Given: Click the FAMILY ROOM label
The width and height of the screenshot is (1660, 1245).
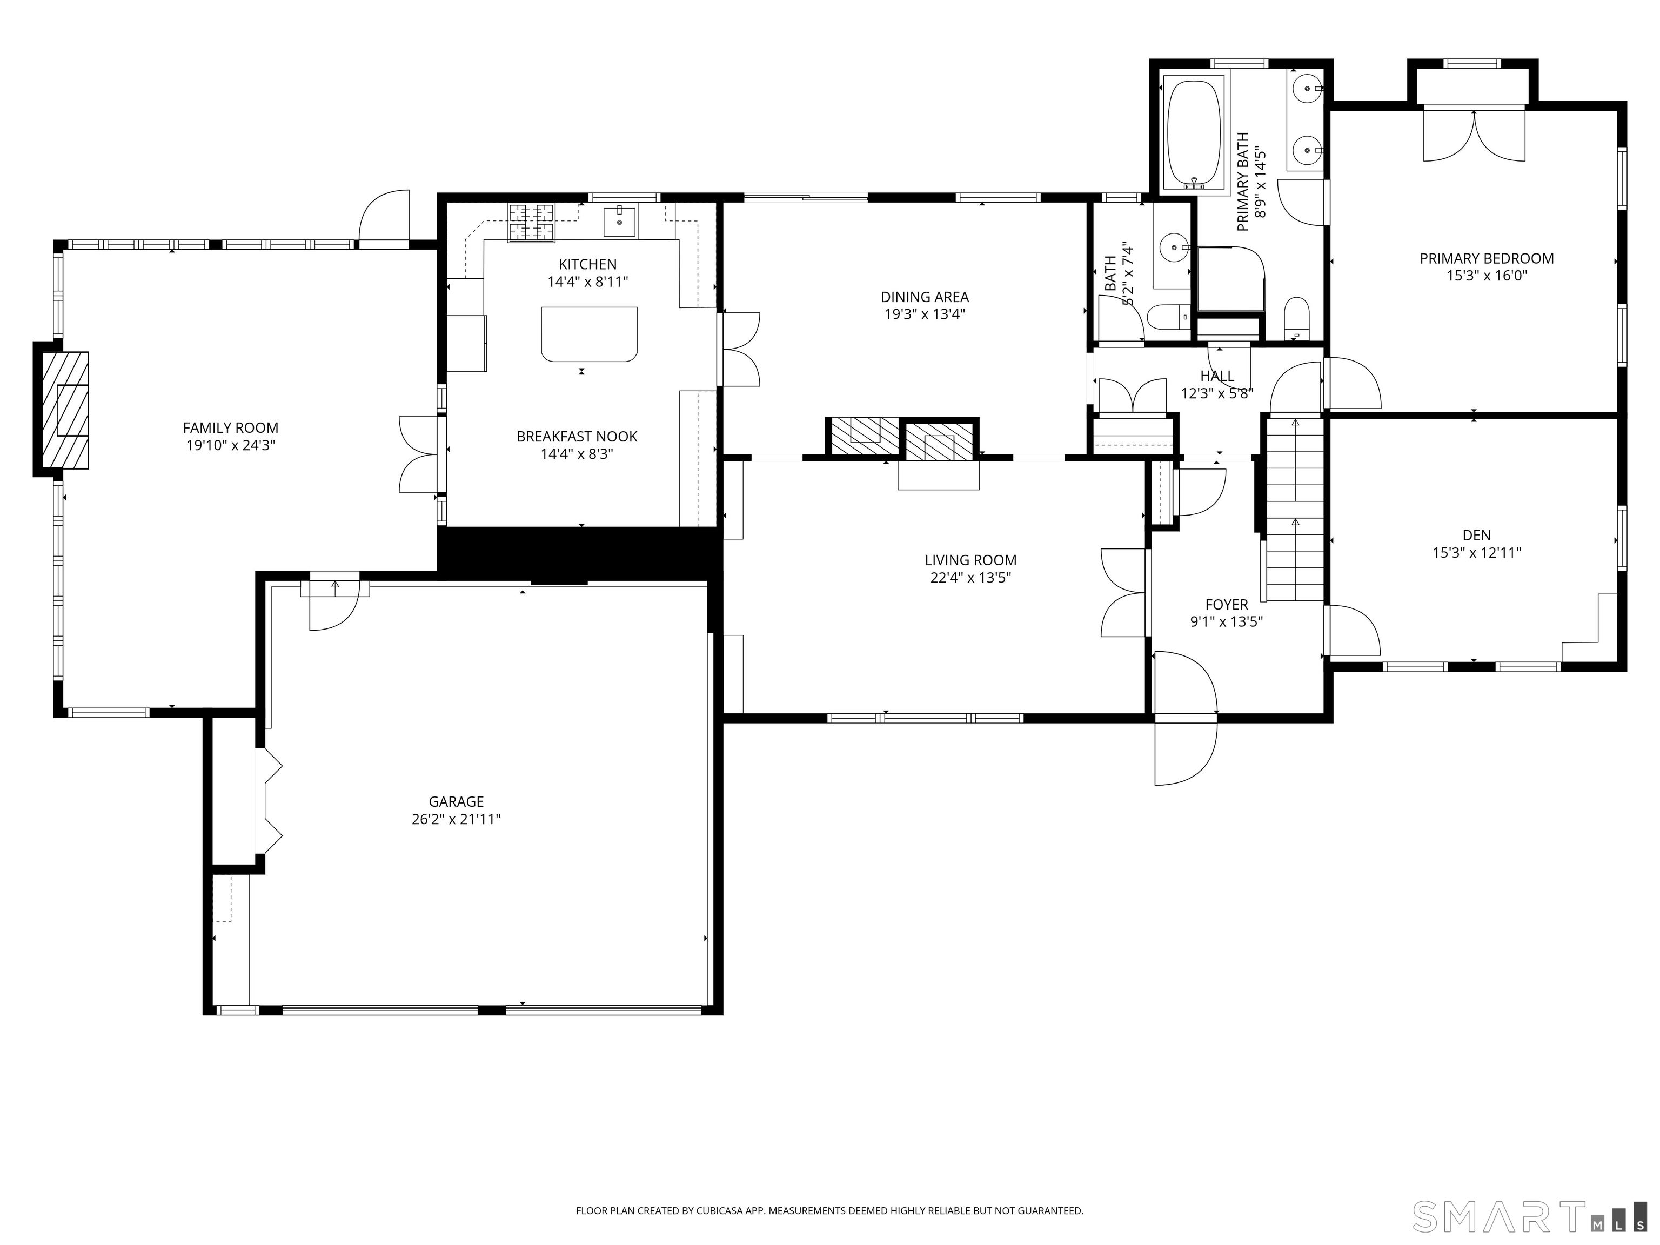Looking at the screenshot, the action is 230,428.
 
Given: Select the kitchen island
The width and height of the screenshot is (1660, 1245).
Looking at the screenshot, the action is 589,334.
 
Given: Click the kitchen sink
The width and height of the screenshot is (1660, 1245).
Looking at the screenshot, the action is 620,222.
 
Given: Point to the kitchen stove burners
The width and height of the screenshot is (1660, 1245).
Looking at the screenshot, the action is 531,222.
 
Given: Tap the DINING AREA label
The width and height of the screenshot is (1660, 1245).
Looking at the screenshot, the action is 925,297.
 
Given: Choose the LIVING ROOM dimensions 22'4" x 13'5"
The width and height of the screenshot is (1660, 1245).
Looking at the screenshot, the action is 970,578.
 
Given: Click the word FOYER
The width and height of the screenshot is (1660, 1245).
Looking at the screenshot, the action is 1226,604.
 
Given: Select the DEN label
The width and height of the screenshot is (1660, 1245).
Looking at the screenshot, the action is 1476,535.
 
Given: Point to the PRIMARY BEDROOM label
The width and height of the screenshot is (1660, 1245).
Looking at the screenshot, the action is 1487,258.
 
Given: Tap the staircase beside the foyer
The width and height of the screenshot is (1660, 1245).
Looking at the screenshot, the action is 1295,509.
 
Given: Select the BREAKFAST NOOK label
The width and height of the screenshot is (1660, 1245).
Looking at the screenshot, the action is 577,436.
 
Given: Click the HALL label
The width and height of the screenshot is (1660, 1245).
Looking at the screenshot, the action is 1216,376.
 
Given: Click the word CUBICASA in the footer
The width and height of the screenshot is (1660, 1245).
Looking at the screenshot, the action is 722,1210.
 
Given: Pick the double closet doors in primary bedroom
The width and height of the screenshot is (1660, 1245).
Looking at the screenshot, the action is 1474,135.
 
